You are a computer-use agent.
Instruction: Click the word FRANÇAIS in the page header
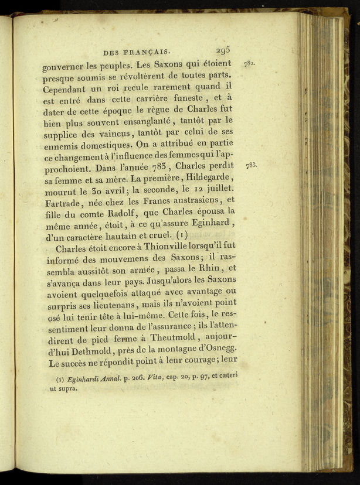click(150, 53)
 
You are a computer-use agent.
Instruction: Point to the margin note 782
click(250, 63)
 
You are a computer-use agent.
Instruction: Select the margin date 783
click(251, 166)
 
